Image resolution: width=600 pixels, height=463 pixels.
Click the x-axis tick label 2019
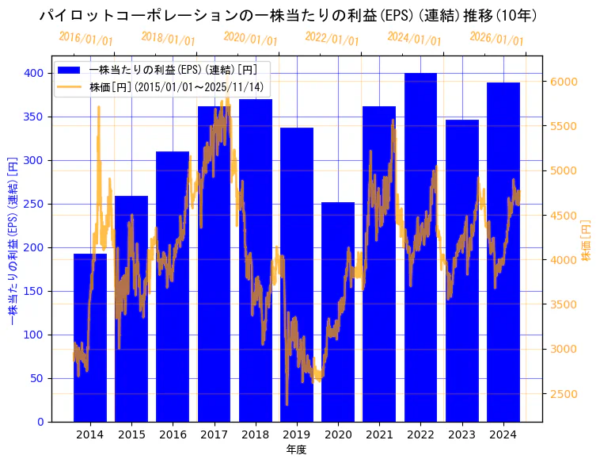pos(297,434)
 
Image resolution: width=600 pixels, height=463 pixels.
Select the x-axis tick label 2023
pos(461,434)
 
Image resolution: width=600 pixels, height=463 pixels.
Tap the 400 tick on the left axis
pos(35,73)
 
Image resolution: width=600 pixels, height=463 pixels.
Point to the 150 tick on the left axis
pos(35,291)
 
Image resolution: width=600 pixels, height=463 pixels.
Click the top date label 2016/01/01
pos(85,38)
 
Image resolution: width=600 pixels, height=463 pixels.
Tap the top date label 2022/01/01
pos(332,38)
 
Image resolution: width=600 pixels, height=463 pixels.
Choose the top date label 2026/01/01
pos(496,38)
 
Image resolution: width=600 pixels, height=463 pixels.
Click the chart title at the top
pos(288,15)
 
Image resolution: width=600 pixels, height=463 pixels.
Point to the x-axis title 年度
pos(296,450)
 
